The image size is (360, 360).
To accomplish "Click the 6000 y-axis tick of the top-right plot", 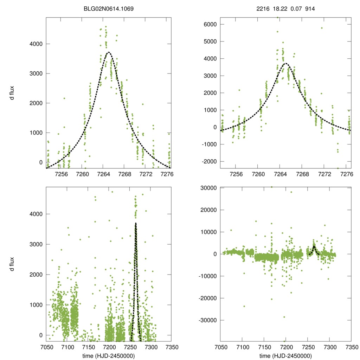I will pos(210,24).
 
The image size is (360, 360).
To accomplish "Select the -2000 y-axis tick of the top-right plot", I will pos(209,161).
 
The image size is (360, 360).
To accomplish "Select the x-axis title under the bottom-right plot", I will pos(285,355).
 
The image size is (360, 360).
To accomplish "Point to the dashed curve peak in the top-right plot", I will pos(286,63).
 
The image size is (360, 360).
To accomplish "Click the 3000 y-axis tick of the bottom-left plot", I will pos(37,244).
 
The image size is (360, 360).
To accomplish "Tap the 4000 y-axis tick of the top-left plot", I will pos(37,44).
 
